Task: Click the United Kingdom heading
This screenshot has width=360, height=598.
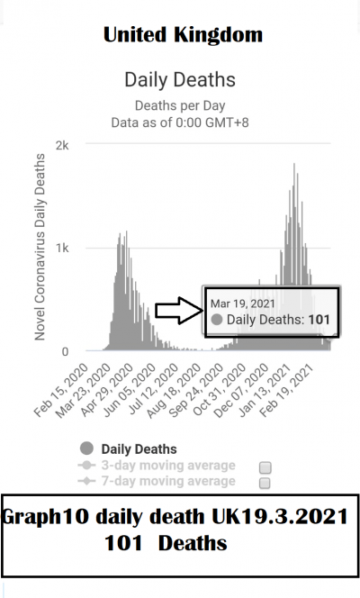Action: (183, 35)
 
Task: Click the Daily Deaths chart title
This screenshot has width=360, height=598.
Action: (180, 80)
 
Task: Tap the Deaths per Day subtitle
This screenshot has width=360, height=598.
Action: (180, 105)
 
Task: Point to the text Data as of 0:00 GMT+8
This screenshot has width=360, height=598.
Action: (180, 122)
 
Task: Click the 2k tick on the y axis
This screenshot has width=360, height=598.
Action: (62, 145)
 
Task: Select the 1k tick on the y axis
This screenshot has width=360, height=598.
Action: (62, 249)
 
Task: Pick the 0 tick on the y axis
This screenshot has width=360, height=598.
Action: (65, 351)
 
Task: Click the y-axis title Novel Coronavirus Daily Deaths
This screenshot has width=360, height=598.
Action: (40, 247)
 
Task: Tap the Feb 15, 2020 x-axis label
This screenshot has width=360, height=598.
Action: (61, 390)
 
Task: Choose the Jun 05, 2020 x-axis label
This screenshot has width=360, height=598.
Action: (129, 390)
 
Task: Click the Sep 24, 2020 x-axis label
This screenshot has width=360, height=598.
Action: (196, 390)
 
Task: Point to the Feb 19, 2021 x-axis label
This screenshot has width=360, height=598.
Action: (286, 390)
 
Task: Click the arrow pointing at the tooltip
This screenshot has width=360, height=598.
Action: (179, 311)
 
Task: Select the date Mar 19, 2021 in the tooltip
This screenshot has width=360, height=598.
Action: (243, 304)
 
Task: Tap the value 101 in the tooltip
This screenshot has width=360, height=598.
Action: (319, 320)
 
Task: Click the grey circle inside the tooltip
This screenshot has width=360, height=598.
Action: (217, 320)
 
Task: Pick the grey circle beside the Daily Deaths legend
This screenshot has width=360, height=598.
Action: (87, 448)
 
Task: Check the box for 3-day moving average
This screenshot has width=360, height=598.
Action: (265, 467)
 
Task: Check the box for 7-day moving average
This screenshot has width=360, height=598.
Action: (265, 484)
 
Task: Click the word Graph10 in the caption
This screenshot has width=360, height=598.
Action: (45, 518)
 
